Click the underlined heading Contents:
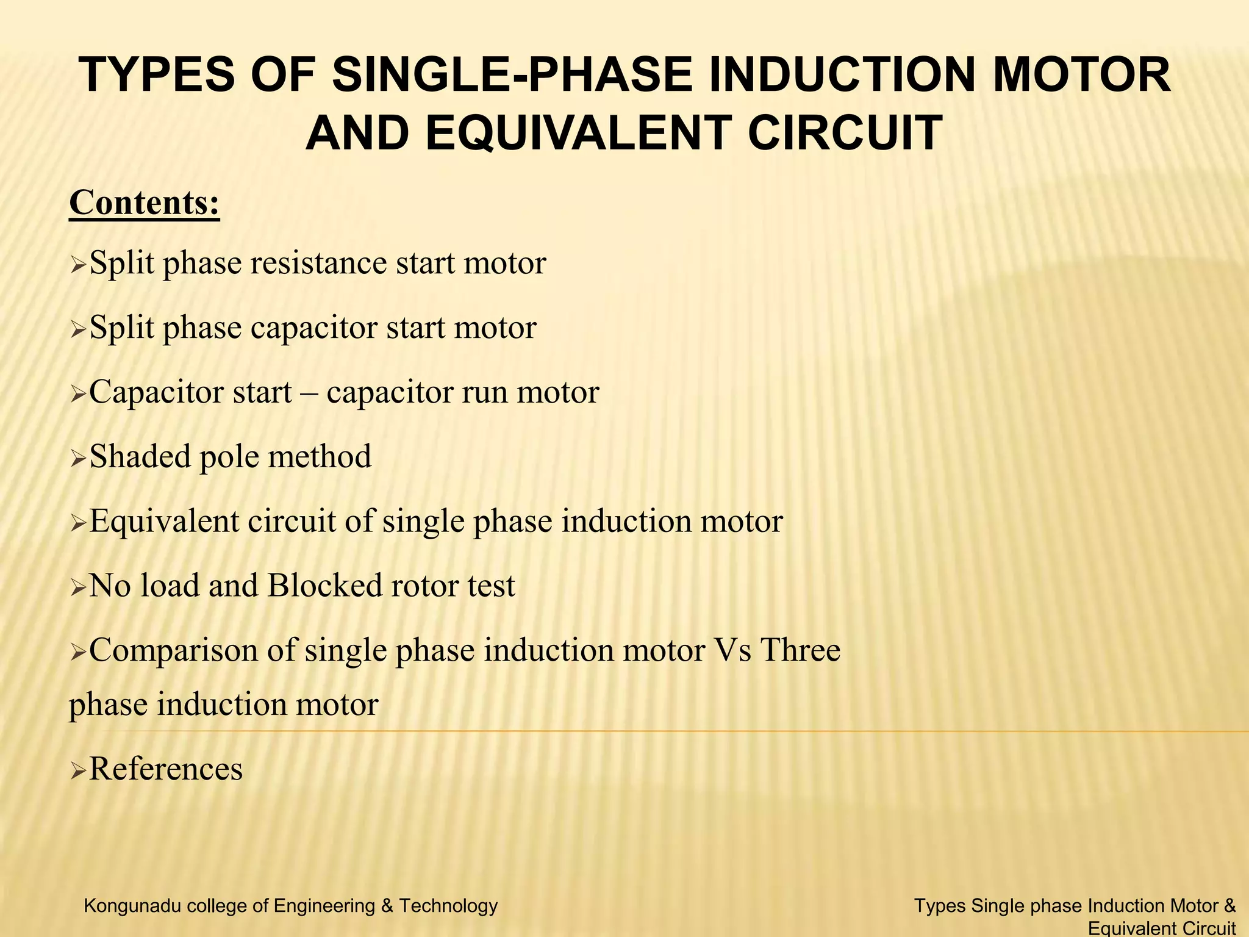[x=145, y=203]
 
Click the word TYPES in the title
[x=157, y=76]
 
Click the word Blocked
[x=324, y=586]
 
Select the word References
[x=166, y=769]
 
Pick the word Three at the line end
[x=800, y=650]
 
